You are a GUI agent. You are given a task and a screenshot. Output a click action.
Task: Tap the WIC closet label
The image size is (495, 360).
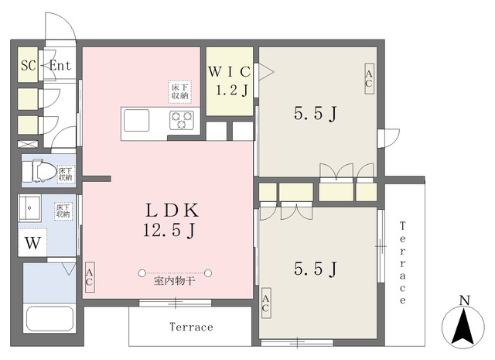pyautogui.click(x=230, y=72)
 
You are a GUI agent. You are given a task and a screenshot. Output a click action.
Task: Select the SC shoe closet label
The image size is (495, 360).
pyautogui.click(x=28, y=66)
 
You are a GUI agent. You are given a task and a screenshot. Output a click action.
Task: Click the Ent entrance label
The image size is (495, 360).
pyautogui.click(x=60, y=66)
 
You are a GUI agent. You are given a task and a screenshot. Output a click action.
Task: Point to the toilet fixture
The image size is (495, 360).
pyautogui.click(x=39, y=171)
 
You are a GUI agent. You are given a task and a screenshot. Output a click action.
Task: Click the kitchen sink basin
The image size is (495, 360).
pyautogui.click(x=136, y=120)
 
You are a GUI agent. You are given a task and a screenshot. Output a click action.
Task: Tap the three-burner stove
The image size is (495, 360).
pyautogui.click(x=181, y=120)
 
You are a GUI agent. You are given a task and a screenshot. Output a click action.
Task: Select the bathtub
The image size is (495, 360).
pyautogui.click(x=49, y=319)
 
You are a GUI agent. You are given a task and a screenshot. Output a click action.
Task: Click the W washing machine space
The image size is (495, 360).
pyautogui.click(x=32, y=243)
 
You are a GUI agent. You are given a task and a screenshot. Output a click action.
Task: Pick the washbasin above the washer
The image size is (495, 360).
pyautogui.click(x=29, y=207)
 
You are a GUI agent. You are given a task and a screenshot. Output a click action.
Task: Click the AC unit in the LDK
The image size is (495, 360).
pyautogui.click(x=90, y=277)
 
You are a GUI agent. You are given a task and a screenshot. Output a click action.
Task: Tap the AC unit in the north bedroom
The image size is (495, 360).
pyautogui.click(x=369, y=79)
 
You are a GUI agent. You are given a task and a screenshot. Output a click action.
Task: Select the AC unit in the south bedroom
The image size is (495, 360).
pyautogui.click(x=266, y=303)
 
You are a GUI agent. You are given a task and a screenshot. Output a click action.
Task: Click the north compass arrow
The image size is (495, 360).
pyautogui.click(x=463, y=326)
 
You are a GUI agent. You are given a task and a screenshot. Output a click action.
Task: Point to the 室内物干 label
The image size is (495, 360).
pyautogui.click(x=174, y=281)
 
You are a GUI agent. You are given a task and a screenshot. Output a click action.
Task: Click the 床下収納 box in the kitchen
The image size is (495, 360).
pyautogui.click(x=180, y=91)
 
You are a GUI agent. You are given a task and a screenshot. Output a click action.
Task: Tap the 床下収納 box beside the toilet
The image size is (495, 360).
pyautogui.click(x=66, y=174)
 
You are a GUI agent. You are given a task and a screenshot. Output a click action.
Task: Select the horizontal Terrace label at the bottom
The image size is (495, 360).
pyautogui.click(x=191, y=327)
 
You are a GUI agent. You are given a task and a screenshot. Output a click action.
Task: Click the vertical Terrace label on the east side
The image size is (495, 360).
pyautogui.click(x=402, y=262)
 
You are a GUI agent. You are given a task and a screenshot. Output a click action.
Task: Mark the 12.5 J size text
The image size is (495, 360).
pyautogui.click(x=169, y=230)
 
